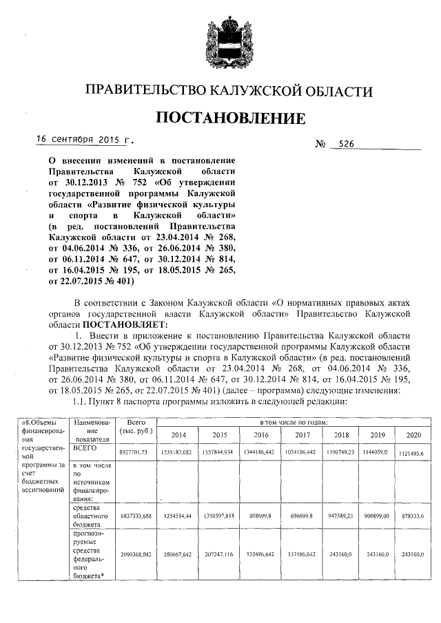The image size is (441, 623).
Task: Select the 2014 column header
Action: [x=178, y=436]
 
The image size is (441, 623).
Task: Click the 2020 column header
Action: [x=413, y=436]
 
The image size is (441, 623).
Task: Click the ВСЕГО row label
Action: [x=85, y=447]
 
